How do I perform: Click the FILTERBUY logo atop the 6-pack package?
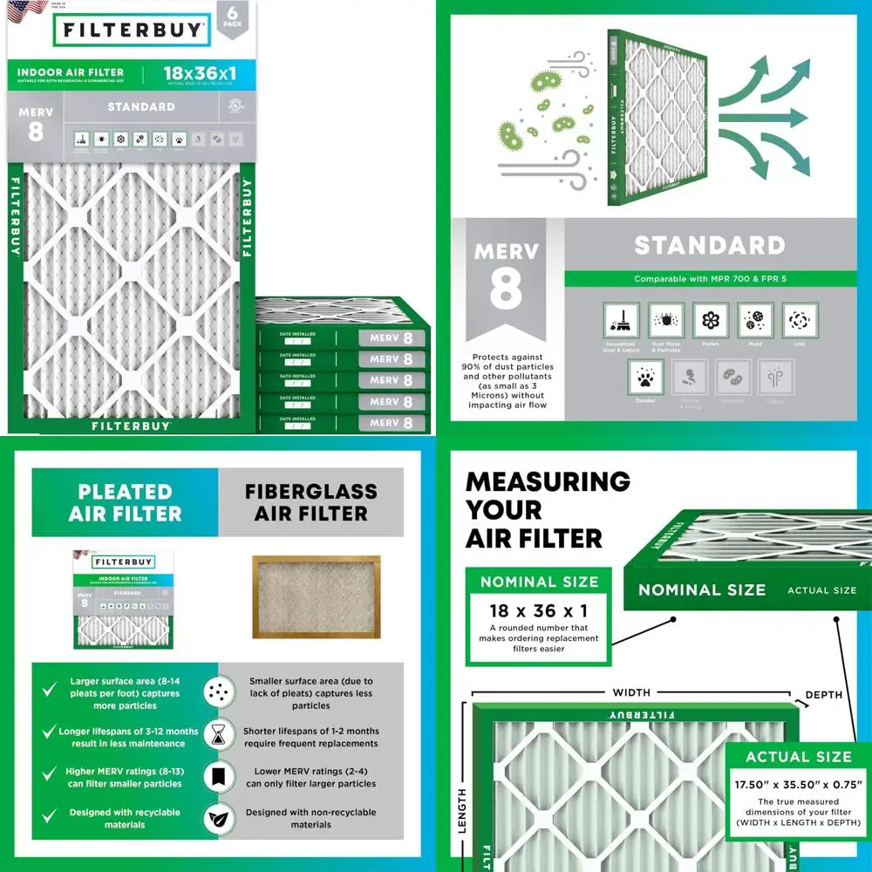132,32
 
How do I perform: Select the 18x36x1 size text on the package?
199,73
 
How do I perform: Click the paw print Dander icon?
644,376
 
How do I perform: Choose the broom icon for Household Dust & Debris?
621,320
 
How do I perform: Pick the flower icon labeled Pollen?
710,320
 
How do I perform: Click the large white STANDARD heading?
709,245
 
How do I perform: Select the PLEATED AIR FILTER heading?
125,502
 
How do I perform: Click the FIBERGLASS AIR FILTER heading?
310,502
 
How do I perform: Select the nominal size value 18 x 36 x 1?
539,610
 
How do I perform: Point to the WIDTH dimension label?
631,692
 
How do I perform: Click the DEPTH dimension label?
824,695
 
